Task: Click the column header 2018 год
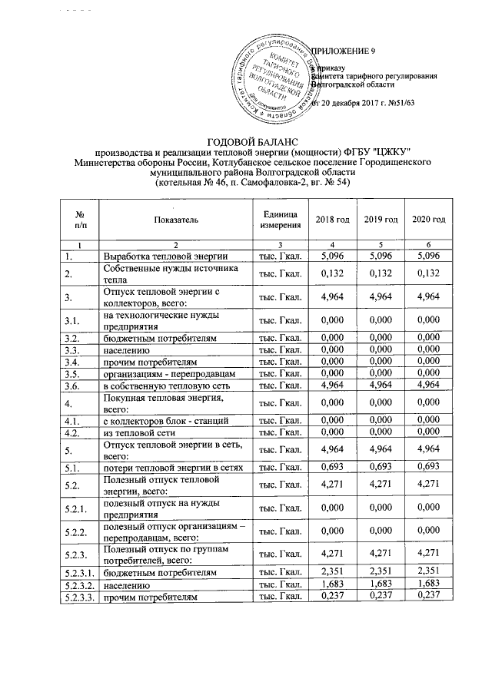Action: (x=333, y=220)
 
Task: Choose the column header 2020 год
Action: (x=429, y=220)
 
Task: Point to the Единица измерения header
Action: (x=281, y=220)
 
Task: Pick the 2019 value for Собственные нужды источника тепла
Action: (x=381, y=273)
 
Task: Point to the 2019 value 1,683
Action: (x=381, y=584)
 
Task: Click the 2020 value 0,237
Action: (x=429, y=596)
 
